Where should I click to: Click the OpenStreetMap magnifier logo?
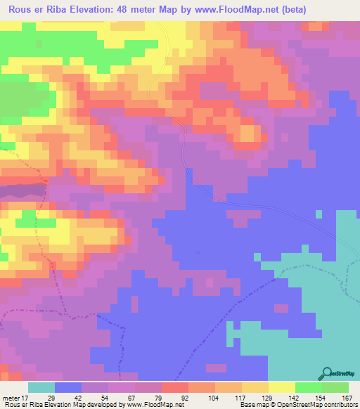(326, 373)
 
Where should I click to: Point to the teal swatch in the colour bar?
(41, 387)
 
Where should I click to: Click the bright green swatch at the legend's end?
(335, 387)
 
